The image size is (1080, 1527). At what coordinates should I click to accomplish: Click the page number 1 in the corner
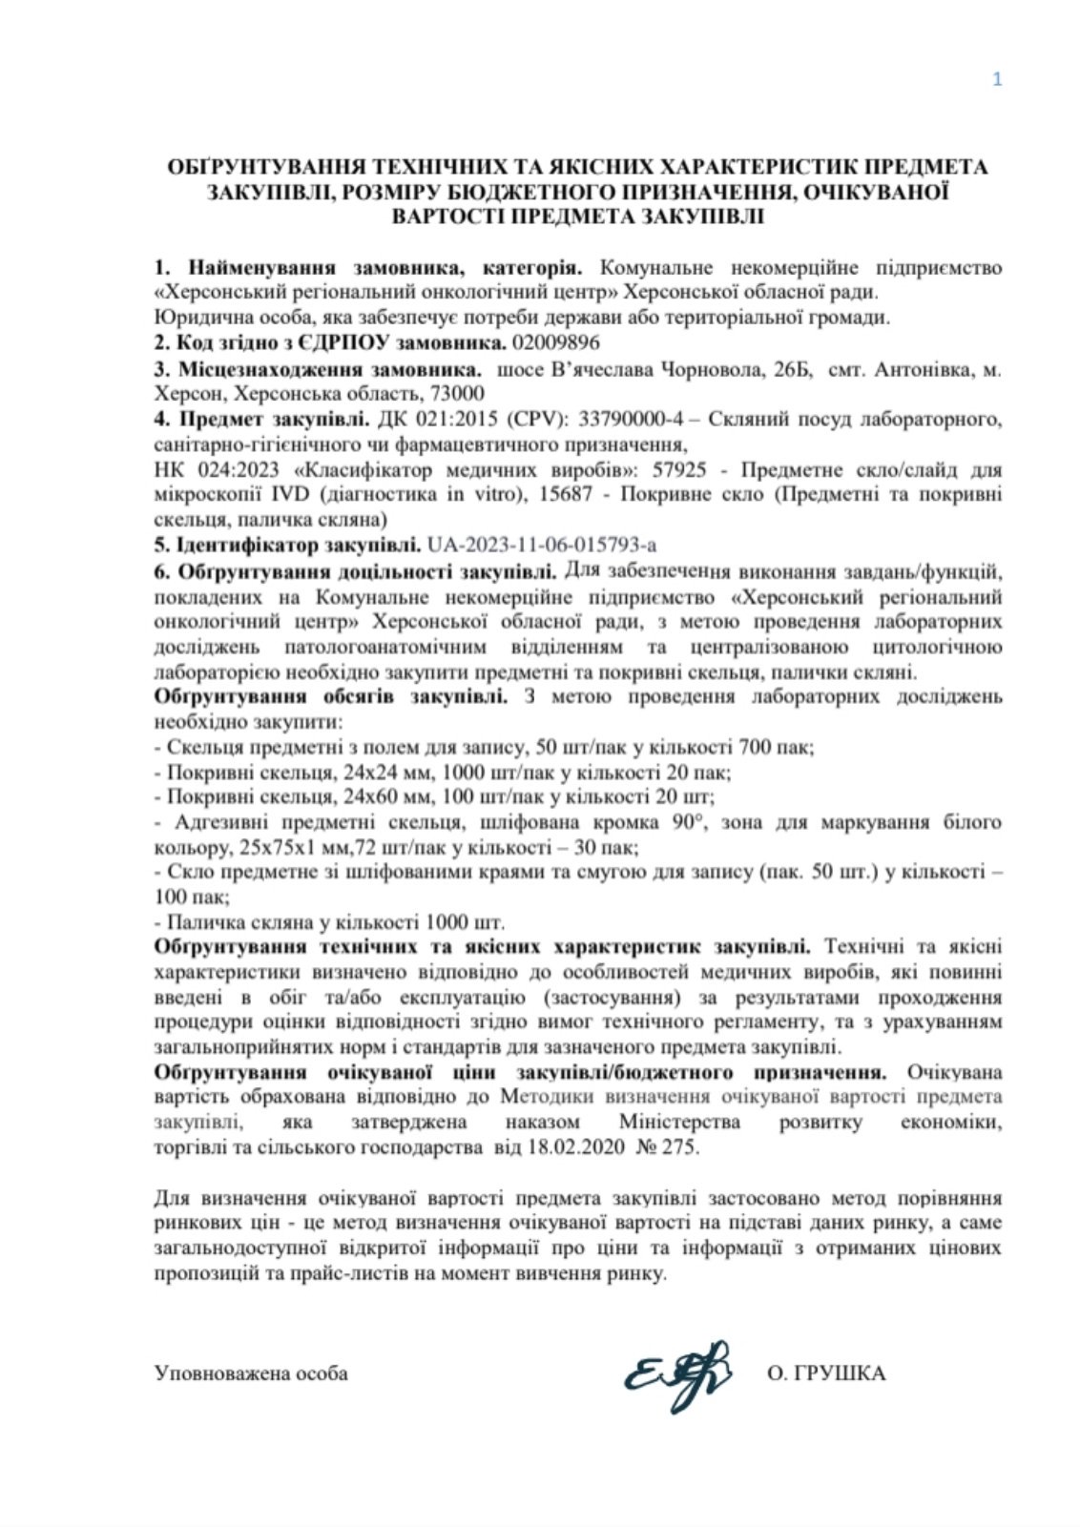[x=997, y=79]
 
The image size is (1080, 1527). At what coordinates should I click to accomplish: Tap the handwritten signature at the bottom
[x=676, y=1374]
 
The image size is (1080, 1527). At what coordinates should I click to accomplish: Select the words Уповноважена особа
[x=251, y=1374]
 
